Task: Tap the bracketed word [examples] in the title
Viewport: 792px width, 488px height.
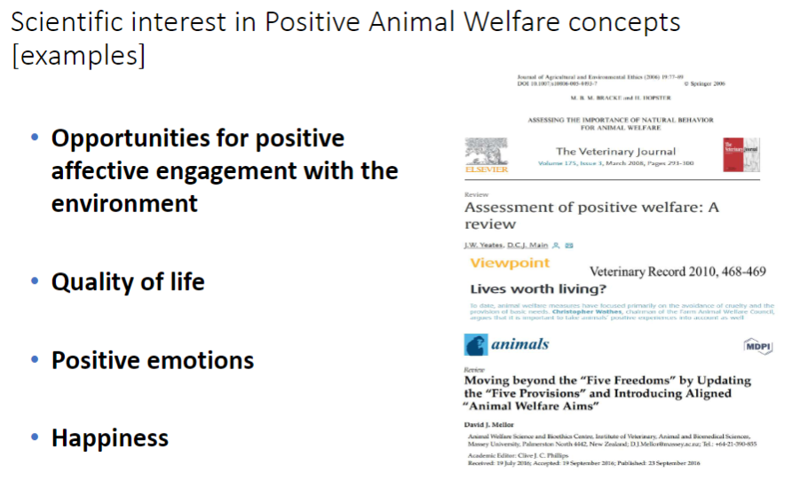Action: (79, 56)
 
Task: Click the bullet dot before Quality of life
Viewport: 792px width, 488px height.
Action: (35, 282)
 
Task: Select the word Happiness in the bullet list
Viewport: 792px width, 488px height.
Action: (110, 438)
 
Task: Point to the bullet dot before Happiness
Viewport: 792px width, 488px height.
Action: (35, 438)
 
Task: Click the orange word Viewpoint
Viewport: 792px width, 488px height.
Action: (510, 264)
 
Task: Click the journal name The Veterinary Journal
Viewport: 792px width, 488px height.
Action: (615, 152)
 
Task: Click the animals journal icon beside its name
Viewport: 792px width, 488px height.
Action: (476, 345)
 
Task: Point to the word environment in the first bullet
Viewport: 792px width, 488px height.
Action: (124, 202)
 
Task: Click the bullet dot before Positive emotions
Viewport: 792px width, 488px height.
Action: (35, 360)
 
